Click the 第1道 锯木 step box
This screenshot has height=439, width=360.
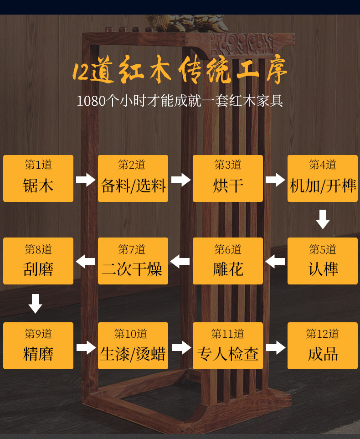[x=38, y=178]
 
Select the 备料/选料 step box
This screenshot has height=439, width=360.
[x=133, y=178]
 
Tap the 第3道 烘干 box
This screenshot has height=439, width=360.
[x=228, y=178]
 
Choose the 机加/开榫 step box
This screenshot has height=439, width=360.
[x=323, y=178]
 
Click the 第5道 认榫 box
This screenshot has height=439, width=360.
[x=323, y=261]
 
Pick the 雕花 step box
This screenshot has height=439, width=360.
[x=228, y=261]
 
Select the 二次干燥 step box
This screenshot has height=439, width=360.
[x=133, y=261]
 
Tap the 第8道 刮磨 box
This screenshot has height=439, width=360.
[x=38, y=261]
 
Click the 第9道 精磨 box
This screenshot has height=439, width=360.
[x=38, y=346]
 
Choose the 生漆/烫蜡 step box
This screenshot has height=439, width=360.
[x=133, y=346]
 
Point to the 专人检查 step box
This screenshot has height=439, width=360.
[x=228, y=346]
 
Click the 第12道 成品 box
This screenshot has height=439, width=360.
[x=323, y=346]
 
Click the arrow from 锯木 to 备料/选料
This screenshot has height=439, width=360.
[x=86, y=180]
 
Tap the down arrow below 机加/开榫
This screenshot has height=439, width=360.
[x=323, y=219]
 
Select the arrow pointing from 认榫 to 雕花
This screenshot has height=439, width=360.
[x=275, y=262]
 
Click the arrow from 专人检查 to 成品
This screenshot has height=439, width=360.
[x=275, y=348]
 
